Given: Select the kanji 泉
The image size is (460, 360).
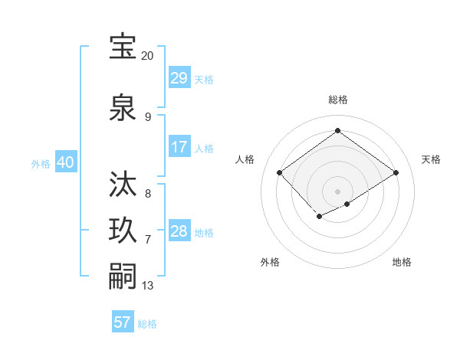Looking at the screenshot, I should (x=123, y=107).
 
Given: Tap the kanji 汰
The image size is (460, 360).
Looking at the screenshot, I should (x=123, y=185).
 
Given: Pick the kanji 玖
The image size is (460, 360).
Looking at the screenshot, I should (x=123, y=231).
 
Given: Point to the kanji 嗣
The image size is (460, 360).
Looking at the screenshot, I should (x=123, y=276).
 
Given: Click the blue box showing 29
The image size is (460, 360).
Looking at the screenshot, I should (x=179, y=78).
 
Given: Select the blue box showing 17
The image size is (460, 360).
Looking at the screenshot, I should (x=179, y=147).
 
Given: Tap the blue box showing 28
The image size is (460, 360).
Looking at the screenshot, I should (x=179, y=231).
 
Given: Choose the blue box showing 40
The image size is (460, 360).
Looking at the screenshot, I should (x=65, y=162).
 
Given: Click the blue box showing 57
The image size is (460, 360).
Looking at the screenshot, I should (x=123, y=322).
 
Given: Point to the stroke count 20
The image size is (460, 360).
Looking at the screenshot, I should (x=147, y=56).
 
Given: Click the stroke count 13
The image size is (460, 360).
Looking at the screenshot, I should (x=148, y=286).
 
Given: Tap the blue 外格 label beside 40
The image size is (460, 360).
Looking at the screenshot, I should (x=41, y=163).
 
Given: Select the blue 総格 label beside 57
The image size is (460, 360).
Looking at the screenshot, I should (x=147, y=324).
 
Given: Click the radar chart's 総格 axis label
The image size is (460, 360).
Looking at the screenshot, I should (x=337, y=100).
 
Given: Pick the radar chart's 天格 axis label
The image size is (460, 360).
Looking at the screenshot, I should (x=431, y=159).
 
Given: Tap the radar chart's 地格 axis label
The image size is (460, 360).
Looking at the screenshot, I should (x=402, y=262).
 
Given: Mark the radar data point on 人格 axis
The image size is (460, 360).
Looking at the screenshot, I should (x=280, y=172).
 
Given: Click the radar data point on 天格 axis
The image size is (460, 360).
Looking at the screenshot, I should (x=396, y=172).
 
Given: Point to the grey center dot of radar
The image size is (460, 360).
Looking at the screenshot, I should (x=337, y=191).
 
